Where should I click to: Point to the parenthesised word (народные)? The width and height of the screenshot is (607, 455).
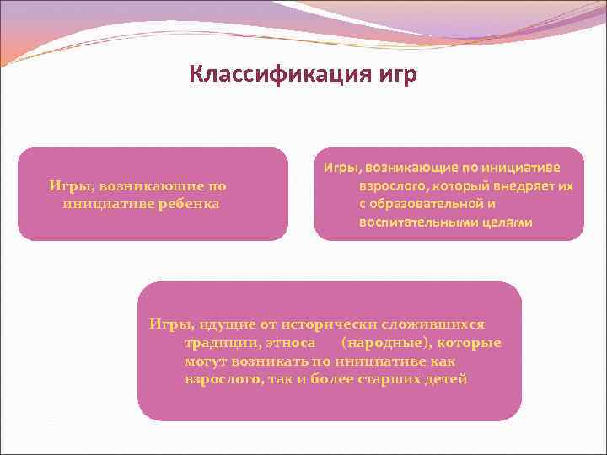click(379, 343)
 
